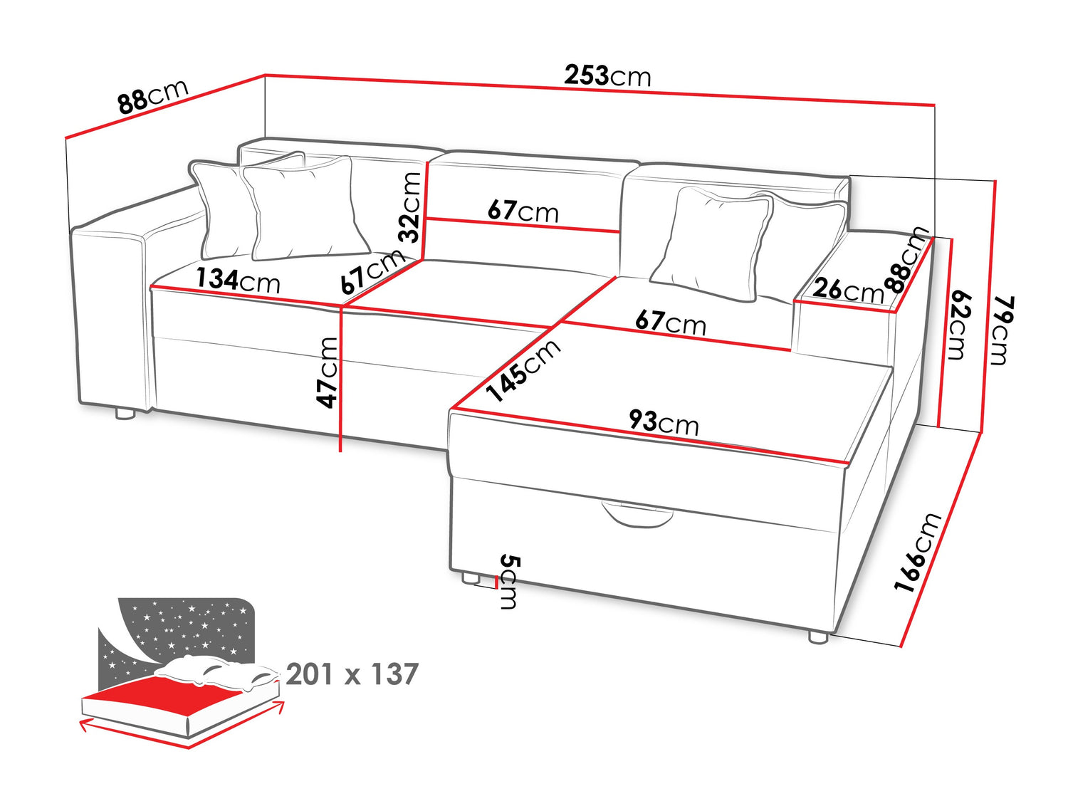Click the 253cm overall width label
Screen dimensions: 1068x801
[607, 76]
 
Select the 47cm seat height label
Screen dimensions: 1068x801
[327, 372]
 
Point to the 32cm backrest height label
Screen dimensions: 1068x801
[409, 207]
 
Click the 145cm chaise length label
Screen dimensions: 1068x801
[524, 370]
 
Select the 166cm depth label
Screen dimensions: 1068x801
[918, 552]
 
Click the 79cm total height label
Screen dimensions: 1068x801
[1004, 330]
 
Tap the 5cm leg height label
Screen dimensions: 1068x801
[509, 581]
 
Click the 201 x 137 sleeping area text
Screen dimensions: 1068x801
[352, 674]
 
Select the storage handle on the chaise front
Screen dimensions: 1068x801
[637, 515]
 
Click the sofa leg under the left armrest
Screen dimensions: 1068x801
[125, 414]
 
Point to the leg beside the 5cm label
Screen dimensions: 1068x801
[470, 577]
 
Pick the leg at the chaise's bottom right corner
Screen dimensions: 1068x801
[818, 637]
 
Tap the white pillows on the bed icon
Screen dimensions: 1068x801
[217, 671]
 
